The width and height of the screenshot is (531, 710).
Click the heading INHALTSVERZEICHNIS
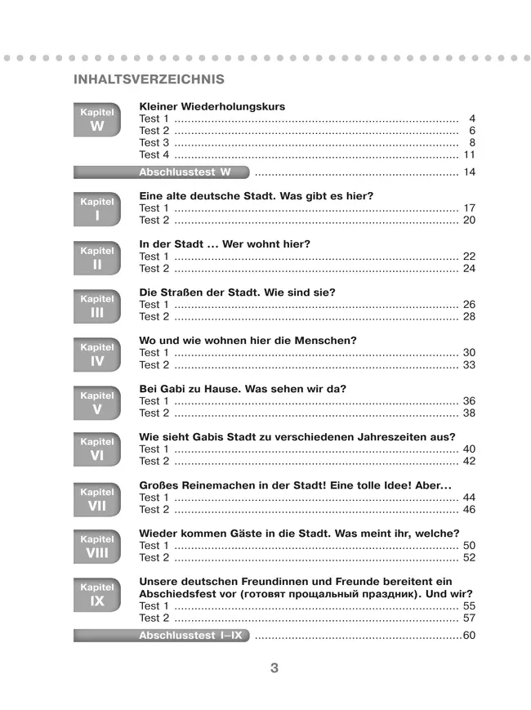[149, 79]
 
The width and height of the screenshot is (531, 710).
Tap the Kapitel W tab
[97, 120]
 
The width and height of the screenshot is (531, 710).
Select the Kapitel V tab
[97, 404]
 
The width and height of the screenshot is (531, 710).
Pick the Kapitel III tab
[97, 307]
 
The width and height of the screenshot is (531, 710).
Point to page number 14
[468, 172]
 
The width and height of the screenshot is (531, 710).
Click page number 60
[468, 636]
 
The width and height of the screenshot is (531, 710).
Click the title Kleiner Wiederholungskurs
[212, 106]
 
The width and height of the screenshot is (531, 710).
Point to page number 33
[468, 364]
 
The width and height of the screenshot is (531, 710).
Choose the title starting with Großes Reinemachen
[296, 484]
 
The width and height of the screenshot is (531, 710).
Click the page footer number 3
[274, 668]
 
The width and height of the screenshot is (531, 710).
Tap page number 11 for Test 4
[468, 154]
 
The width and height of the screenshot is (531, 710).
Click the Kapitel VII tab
[97, 499]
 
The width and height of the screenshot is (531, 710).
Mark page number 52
[468, 557]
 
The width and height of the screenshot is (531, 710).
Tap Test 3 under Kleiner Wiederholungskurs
[154, 143]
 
